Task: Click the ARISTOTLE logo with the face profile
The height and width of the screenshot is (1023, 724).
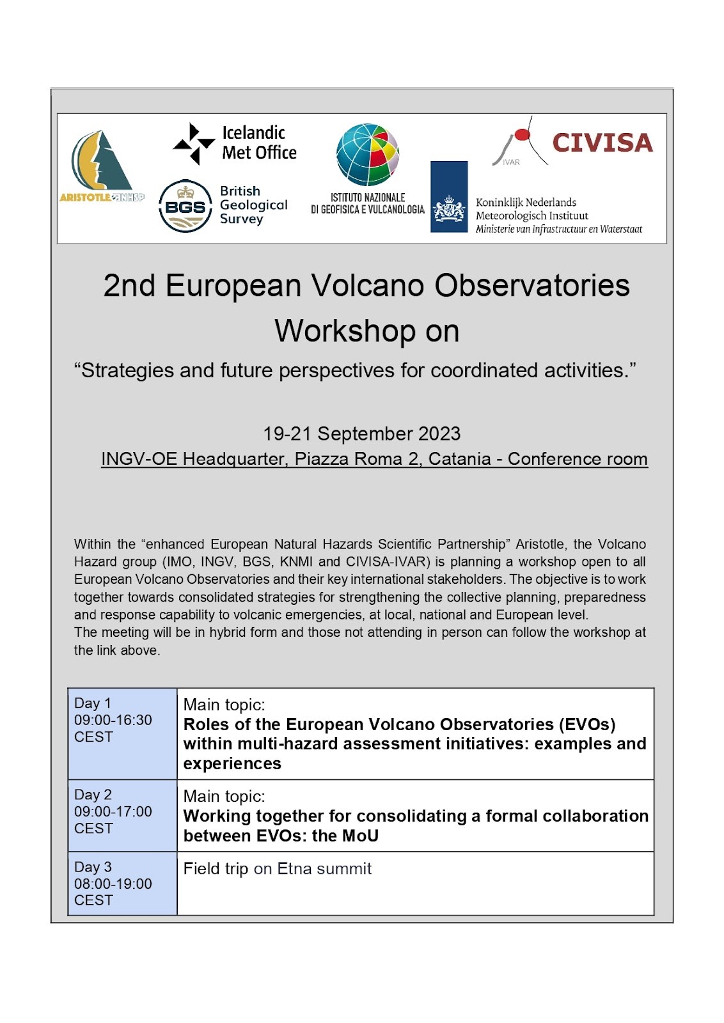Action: coord(102,167)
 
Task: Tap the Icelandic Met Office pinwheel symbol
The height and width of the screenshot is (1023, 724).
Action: coord(194,143)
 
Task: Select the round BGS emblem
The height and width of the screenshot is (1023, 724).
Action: coord(185,206)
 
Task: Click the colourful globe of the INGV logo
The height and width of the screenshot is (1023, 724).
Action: coord(368,154)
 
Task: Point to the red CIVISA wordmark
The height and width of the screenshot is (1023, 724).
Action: coord(602,143)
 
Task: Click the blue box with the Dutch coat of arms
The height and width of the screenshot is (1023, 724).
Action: coord(449,197)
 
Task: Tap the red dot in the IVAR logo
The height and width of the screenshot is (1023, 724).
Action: coord(522,135)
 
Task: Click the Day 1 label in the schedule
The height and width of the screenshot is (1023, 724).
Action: coord(93,703)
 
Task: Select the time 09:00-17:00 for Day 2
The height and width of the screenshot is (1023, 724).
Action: coord(113,811)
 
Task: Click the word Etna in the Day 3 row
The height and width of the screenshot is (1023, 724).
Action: coord(295,868)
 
